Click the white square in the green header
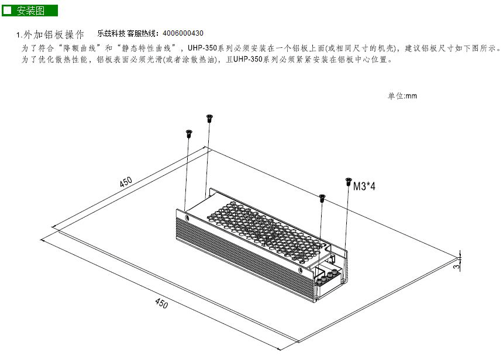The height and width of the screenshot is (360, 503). (x=8, y=11)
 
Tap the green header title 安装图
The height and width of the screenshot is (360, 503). (x=31, y=11)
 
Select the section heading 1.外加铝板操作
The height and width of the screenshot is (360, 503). (x=50, y=34)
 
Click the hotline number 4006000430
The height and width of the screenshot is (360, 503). (x=183, y=33)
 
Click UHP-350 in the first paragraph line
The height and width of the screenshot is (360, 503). (x=202, y=48)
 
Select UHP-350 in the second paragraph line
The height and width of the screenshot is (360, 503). (x=248, y=59)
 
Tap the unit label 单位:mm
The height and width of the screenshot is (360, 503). (x=402, y=95)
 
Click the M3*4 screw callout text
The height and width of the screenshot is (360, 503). (x=364, y=186)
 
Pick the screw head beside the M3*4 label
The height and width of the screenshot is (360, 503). (x=349, y=181)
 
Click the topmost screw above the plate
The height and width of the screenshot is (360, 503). (x=210, y=118)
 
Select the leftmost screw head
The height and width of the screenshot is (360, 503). (x=188, y=134)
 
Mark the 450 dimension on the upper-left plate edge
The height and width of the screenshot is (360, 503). (x=126, y=181)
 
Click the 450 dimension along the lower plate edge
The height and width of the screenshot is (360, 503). (x=161, y=303)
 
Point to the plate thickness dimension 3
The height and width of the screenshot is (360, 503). (x=457, y=266)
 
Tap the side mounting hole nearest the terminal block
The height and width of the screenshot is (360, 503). (x=300, y=270)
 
